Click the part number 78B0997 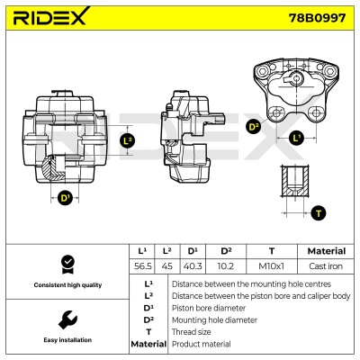317,18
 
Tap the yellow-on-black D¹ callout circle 65,198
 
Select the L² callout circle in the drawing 128,140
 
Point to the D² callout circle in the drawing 254,127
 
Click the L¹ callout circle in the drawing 296,139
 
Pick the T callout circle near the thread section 319,213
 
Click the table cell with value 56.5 142,266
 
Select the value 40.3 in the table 193,266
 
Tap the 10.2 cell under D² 226,266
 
